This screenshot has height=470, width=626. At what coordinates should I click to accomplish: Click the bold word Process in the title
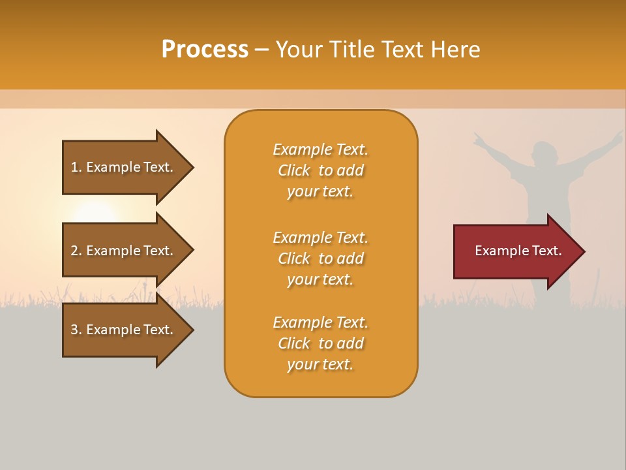(205, 50)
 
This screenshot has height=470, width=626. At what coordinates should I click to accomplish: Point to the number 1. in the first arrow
(76, 167)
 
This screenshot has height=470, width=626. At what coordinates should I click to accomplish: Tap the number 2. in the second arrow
(76, 251)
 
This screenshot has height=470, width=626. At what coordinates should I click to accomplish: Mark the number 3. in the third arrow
(76, 330)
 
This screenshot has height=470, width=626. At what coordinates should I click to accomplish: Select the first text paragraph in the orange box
(320, 170)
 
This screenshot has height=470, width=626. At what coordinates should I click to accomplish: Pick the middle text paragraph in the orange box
(320, 258)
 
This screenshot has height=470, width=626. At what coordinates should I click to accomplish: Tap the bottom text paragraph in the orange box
(320, 343)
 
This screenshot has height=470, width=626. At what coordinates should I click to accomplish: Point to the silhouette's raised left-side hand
(479, 139)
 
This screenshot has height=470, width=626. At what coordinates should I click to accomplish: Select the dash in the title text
(261, 50)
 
